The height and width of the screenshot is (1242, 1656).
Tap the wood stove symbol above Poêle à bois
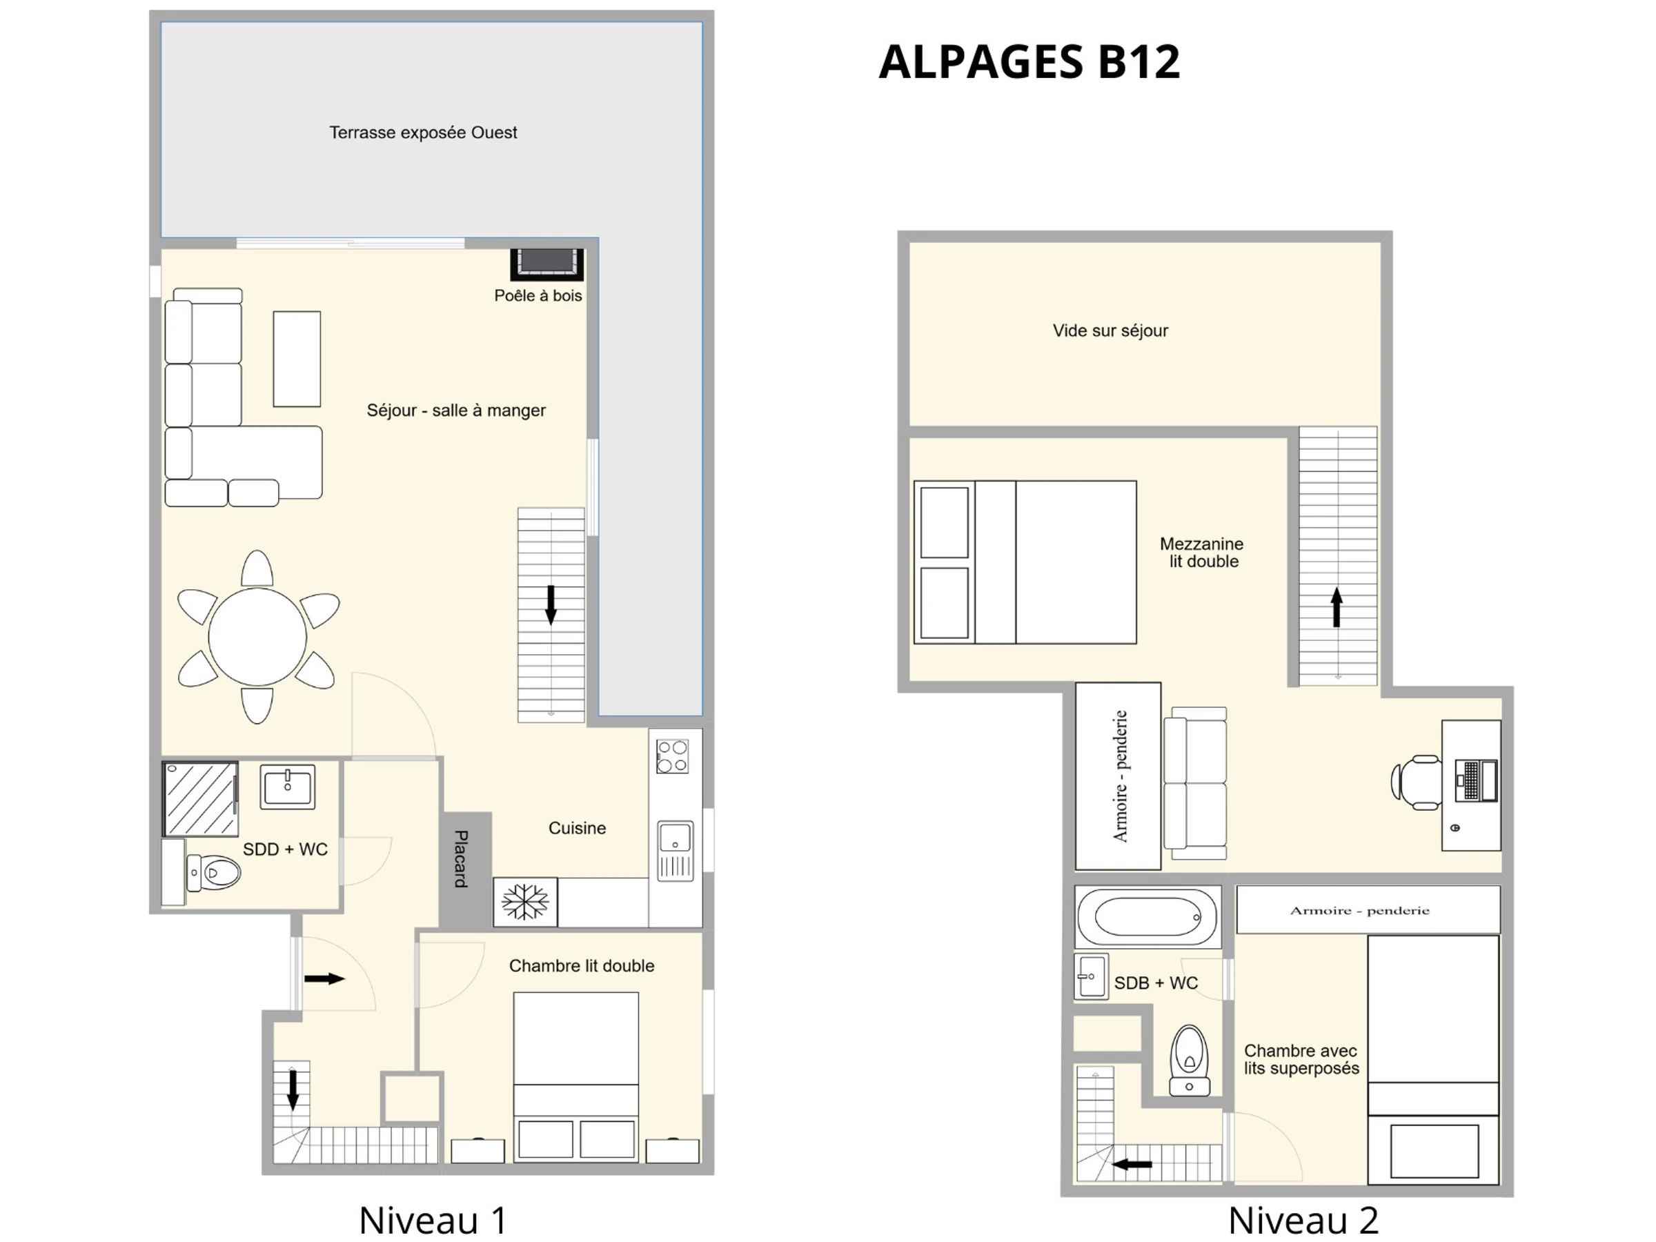pos(546,264)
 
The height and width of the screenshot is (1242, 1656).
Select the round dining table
pos(257,637)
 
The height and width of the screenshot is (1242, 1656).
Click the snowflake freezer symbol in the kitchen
pos(525,901)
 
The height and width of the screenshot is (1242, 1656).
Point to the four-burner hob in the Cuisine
pos(672,756)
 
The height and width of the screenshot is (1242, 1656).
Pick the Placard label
pos(461,858)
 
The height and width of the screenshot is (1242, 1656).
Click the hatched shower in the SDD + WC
pos(201,799)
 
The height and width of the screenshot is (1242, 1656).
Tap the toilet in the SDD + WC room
pos(213,873)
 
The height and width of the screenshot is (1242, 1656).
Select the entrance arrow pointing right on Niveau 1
pos(324,978)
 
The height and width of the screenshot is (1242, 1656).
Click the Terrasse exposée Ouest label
pos(423,132)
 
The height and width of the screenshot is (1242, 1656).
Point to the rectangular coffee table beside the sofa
pos(297,359)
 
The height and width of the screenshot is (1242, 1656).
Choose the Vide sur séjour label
pos(1110,331)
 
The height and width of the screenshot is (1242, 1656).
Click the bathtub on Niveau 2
pos(1147,916)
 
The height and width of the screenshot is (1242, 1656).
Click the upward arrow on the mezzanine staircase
pos(1337,607)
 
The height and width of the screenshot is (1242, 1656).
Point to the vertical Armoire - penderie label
pos(1120,776)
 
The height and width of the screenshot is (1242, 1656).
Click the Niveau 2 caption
pos(1303,1221)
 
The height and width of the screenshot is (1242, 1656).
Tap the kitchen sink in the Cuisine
pos(676,851)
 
